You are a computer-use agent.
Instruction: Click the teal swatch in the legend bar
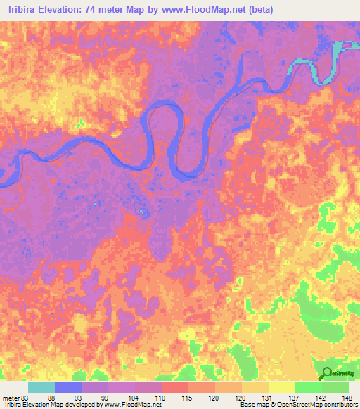(x=41, y=387)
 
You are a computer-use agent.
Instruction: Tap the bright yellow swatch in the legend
(x=282, y=387)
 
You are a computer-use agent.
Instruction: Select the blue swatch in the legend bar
(x=68, y=387)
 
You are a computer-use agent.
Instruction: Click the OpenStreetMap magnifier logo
(x=326, y=374)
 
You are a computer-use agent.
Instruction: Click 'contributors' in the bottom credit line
(x=341, y=405)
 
